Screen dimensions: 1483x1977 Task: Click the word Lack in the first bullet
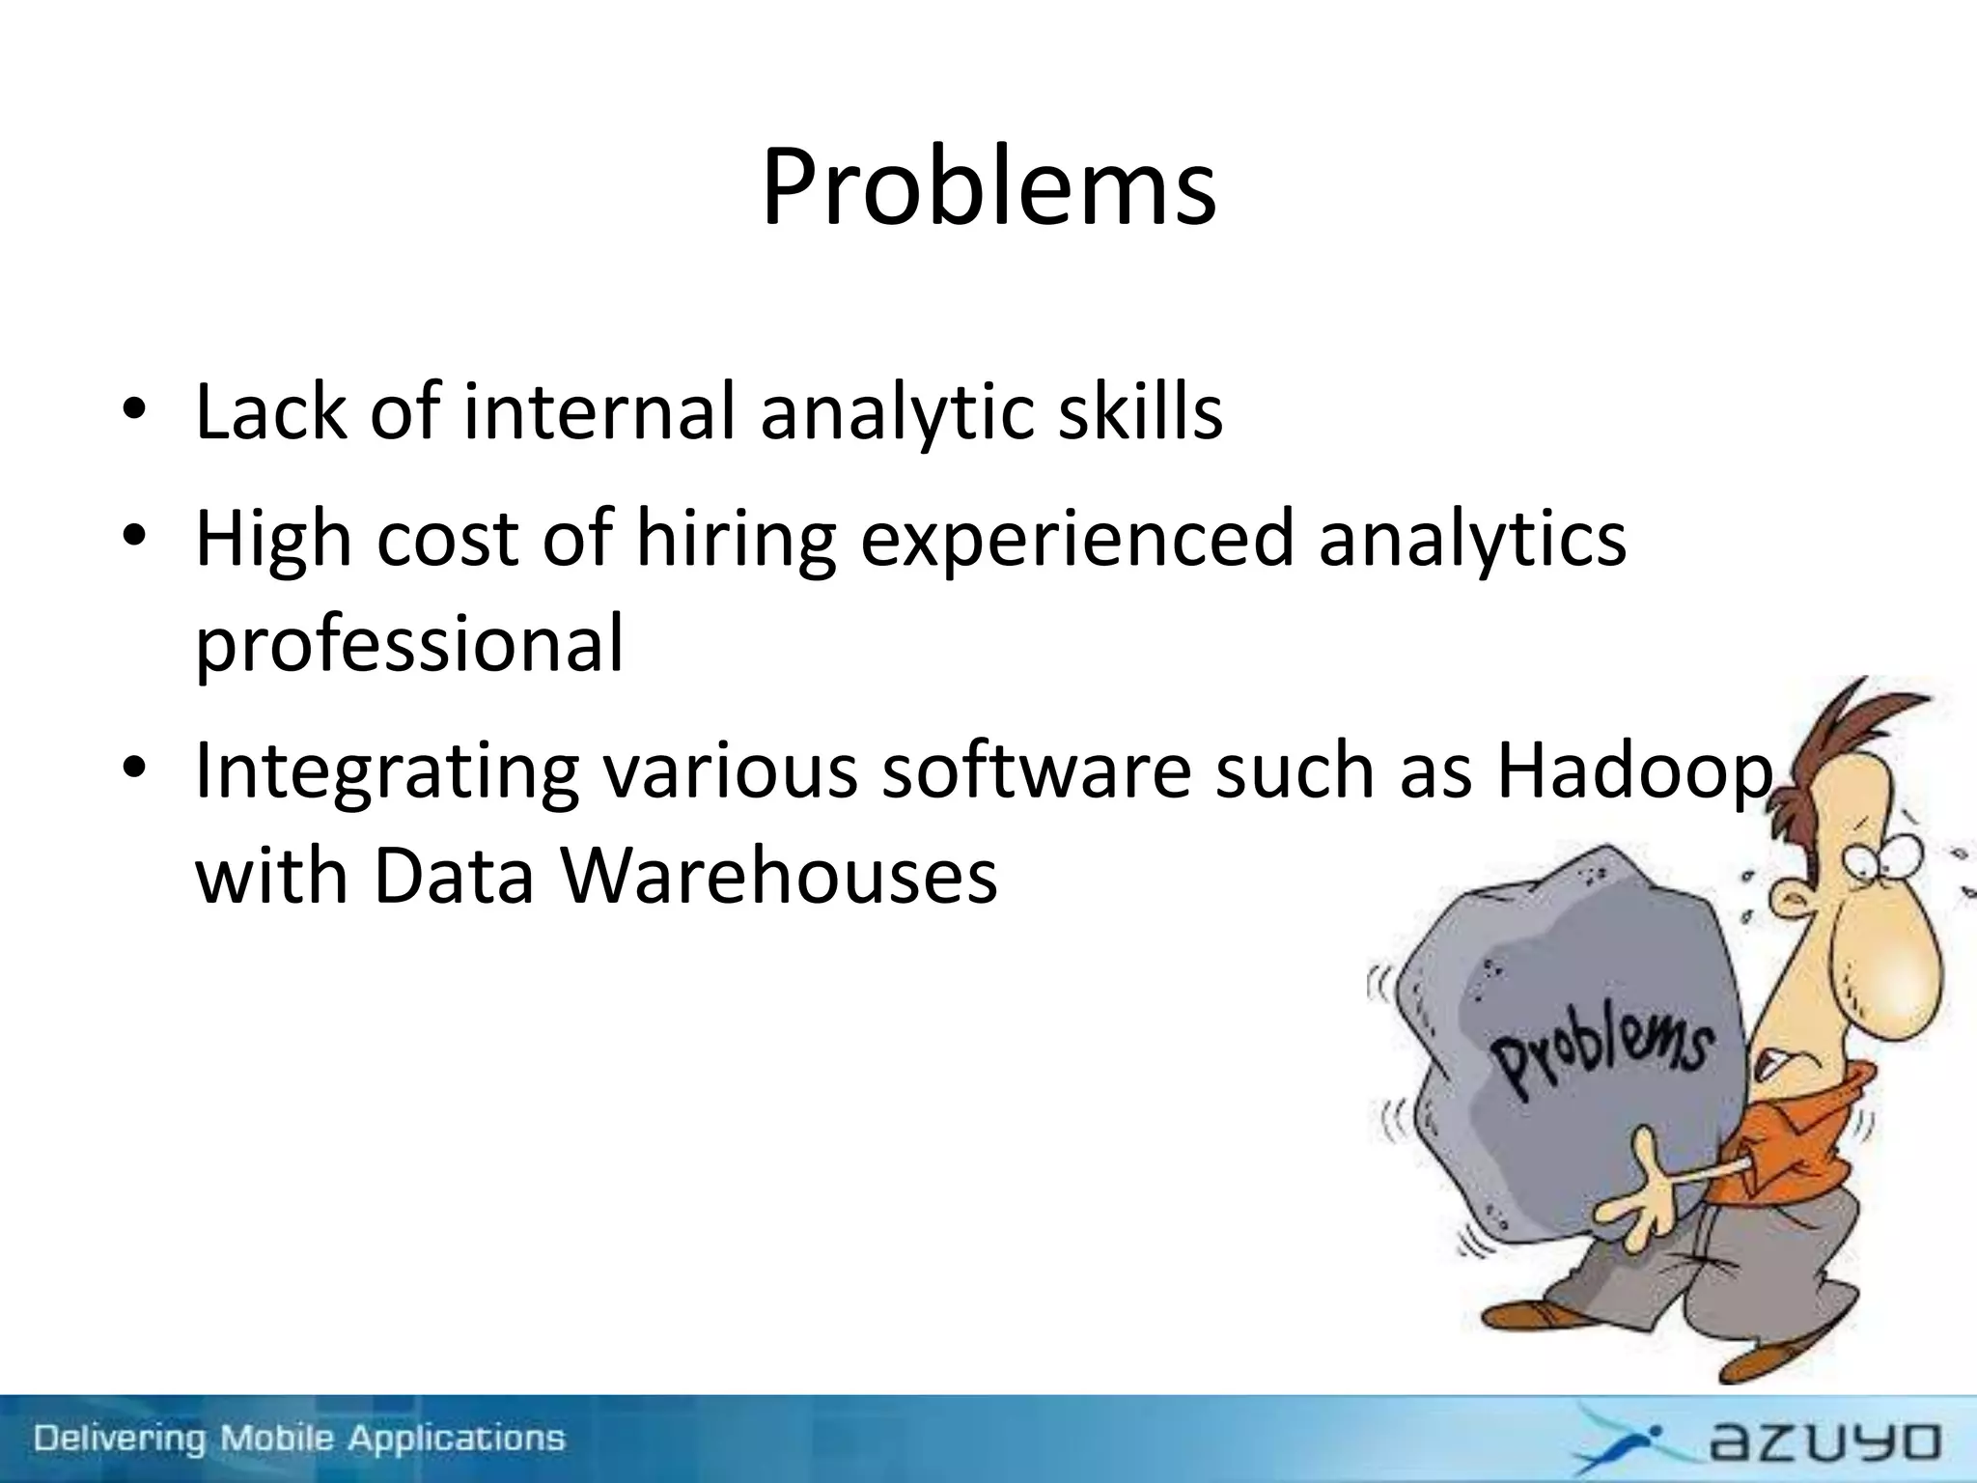pos(270,412)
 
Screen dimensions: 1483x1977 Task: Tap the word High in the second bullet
pos(273,539)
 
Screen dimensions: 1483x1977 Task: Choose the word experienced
pos(1075,539)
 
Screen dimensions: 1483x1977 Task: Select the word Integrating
pos(386,772)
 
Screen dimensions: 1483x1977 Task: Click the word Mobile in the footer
pos(279,1439)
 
